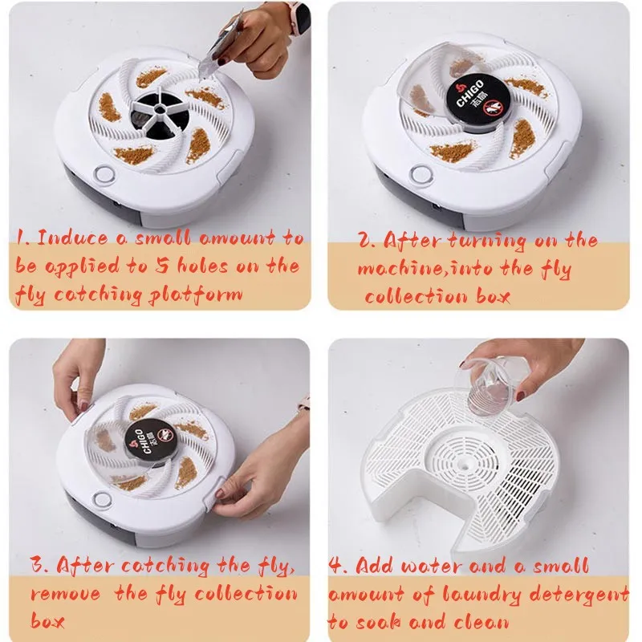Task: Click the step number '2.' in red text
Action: click(x=366, y=240)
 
